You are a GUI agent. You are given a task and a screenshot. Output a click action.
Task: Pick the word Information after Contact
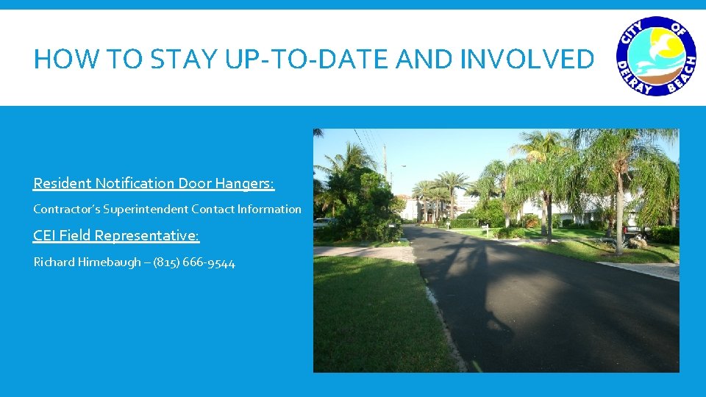[269, 210]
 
